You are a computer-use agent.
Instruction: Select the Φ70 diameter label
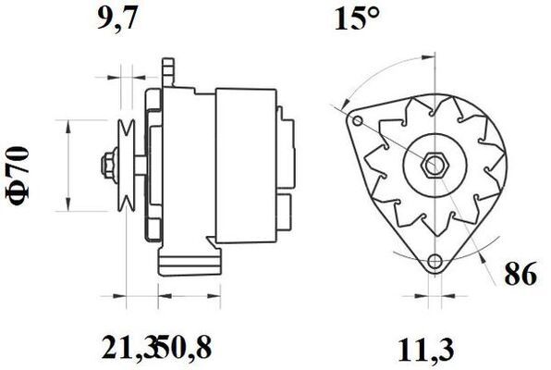pyautogui.click(x=18, y=176)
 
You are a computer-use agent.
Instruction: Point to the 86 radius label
pyautogui.click(x=520, y=273)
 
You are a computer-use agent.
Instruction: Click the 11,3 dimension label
pyautogui.click(x=425, y=350)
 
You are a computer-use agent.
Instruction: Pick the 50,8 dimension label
pyautogui.click(x=183, y=347)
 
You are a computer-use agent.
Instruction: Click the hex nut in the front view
pyautogui.click(x=435, y=165)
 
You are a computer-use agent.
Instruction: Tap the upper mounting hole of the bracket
pyautogui.click(x=358, y=121)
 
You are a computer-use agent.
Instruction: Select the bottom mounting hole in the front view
pyautogui.click(x=435, y=262)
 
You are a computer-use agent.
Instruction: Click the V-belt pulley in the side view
pyautogui.click(x=127, y=166)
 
